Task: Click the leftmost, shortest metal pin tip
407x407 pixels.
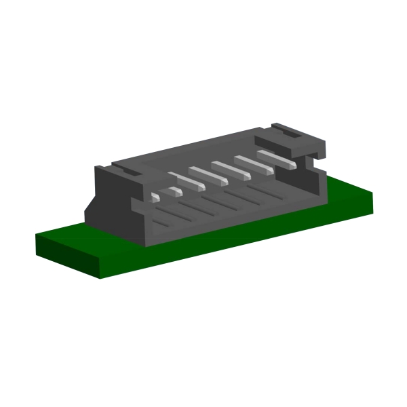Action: point(155,197)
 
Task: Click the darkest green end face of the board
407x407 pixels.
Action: point(68,258)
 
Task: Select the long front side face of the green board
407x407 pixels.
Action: point(237,244)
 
